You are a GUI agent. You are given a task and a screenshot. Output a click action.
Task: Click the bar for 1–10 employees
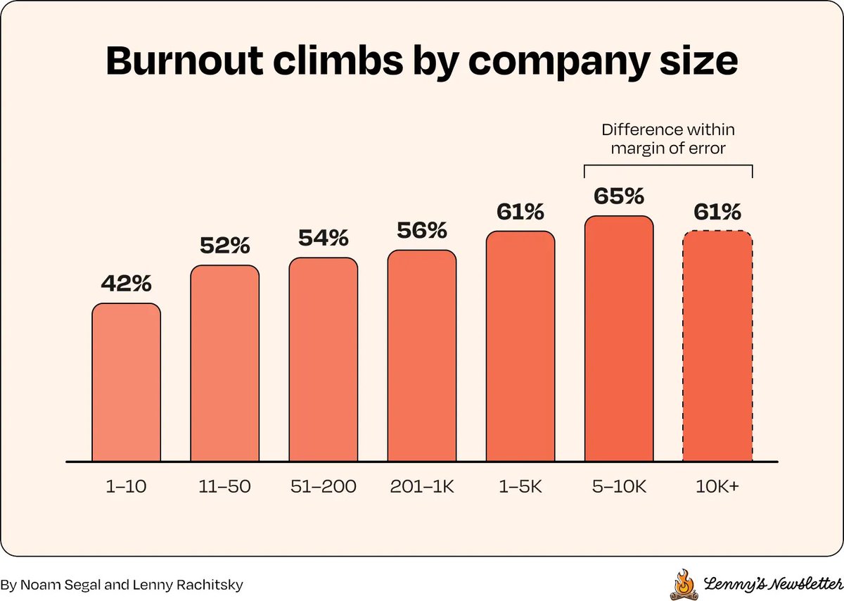point(126,382)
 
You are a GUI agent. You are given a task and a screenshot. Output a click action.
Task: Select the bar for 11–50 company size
point(224,363)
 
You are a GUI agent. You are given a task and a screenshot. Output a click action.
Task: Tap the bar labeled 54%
point(324,360)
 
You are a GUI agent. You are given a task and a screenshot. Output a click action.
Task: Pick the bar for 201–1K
point(422,356)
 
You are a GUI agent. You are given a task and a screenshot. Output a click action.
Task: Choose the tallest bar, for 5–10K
point(619,339)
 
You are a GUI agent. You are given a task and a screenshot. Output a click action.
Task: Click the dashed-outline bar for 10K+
point(718,346)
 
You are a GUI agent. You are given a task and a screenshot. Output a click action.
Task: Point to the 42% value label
point(126,284)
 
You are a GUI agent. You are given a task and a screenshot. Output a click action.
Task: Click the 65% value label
point(619,196)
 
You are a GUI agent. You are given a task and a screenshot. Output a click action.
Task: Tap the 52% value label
point(224,246)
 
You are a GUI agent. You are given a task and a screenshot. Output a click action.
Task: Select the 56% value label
point(422,230)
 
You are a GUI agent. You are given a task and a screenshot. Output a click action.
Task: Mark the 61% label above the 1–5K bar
point(520,212)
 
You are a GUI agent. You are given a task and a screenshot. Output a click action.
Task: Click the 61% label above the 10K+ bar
point(717,212)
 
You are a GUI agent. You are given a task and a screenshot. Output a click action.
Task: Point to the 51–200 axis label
point(324,486)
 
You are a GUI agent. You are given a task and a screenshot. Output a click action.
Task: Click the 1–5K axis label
point(520,486)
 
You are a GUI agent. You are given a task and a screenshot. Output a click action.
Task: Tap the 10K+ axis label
point(717,486)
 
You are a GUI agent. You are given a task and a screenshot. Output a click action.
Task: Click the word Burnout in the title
point(184,61)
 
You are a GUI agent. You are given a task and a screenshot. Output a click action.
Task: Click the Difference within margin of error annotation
point(668,139)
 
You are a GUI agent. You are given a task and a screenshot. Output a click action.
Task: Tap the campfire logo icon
point(684,584)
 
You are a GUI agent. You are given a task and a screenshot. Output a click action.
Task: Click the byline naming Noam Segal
point(122,585)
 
